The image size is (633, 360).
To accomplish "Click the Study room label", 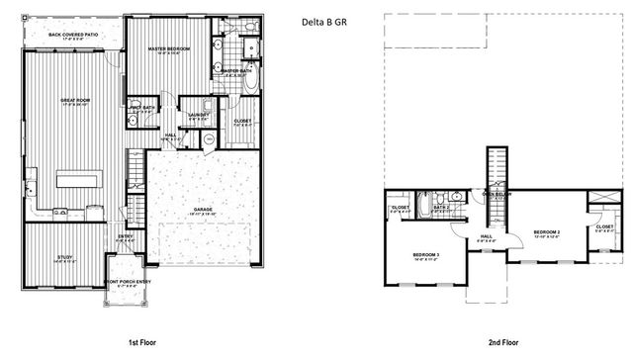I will [x=64, y=258].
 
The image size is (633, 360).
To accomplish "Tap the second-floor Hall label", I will [x=486, y=237].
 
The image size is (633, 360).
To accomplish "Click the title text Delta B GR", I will [x=324, y=21].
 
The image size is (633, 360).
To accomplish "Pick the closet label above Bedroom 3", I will [x=400, y=208].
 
